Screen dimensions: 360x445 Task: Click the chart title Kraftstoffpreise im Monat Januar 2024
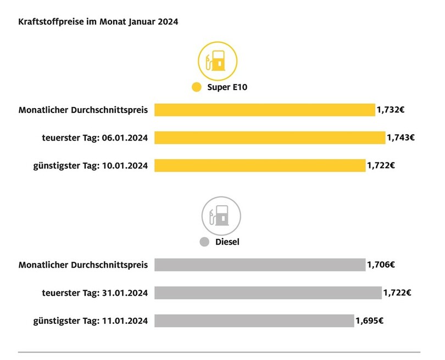(x=98, y=22)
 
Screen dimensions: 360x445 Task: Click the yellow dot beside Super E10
(x=196, y=87)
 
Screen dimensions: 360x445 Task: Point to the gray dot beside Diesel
(x=204, y=241)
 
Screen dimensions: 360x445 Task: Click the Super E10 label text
(x=225, y=87)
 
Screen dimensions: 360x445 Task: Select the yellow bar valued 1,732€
(x=264, y=110)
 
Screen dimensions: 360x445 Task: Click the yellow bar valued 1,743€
(x=270, y=137)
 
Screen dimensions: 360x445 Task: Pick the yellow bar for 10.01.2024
(x=260, y=165)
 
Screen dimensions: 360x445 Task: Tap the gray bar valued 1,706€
(x=260, y=265)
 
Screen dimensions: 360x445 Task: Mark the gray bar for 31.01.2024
(x=268, y=292)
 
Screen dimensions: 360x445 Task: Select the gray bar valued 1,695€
(x=254, y=320)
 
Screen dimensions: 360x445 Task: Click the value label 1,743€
(x=400, y=137)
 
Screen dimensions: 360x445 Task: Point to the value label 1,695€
(x=369, y=320)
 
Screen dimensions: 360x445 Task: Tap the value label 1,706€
(x=381, y=265)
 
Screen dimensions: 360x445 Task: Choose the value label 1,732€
(x=391, y=110)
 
